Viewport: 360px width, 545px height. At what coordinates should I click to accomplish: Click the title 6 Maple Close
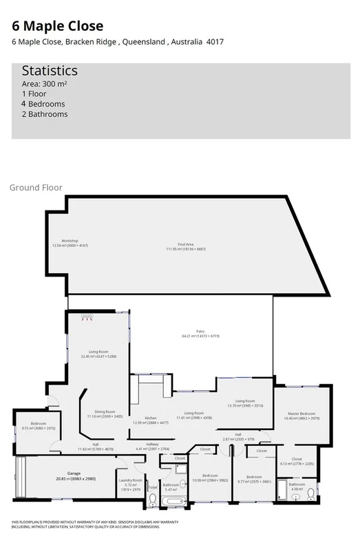(58, 26)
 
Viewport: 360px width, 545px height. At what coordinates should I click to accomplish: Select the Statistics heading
(50, 71)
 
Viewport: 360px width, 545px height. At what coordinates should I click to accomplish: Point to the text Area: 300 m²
(44, 83)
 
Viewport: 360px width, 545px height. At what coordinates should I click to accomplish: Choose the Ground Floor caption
(36, 187)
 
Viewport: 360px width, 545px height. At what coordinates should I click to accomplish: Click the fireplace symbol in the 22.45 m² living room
(87, 317)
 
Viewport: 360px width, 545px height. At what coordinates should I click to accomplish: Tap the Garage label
(74, 475)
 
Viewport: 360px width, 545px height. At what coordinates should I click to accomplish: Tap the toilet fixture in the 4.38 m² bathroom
(311, 492)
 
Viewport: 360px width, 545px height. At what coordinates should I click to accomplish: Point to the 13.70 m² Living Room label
(245, 403)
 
